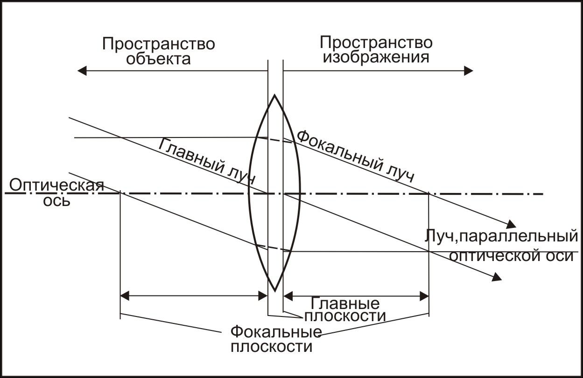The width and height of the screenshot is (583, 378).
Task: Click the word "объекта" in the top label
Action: coord(159,59)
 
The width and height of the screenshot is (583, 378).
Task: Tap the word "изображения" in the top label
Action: coord(376,57)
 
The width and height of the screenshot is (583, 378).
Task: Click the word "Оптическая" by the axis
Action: coord(56,185)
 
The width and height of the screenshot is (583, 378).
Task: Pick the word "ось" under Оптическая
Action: coord(56,201)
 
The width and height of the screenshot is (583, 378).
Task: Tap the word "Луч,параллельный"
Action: coord(501,236)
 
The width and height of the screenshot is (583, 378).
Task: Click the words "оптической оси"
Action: coord(511,255)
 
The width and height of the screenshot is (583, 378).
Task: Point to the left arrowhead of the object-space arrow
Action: coord(81,71)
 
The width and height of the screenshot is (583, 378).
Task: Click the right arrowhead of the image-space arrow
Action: coord(469,71)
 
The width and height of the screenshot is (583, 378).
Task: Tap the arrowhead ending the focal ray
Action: coord(512,223)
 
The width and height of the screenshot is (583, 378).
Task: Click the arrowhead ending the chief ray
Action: coord(498,277)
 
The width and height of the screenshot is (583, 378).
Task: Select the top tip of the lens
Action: coord(275,96)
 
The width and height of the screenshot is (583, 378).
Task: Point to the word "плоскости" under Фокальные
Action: coord(271,347)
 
